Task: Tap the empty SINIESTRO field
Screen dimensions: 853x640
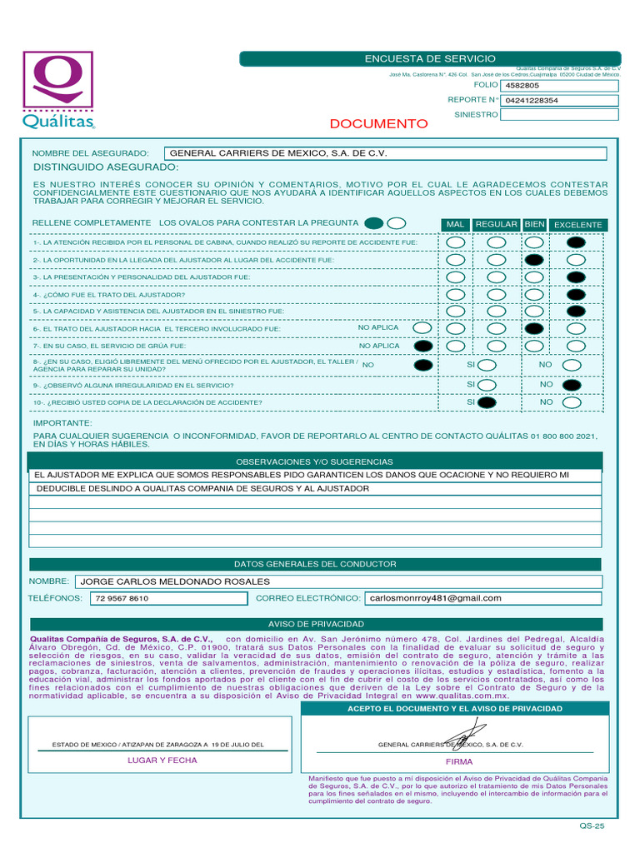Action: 559,115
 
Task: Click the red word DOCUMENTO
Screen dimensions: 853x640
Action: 378,124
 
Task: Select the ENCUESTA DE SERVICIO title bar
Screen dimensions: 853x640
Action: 429,58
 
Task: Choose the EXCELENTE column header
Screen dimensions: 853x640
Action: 577,225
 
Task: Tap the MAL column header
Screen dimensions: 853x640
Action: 455,225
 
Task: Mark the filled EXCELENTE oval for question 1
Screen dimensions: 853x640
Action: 575,243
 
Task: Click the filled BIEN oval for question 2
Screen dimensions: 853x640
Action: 534,260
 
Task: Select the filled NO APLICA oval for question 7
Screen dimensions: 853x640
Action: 423,346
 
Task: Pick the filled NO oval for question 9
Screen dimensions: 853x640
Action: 572,385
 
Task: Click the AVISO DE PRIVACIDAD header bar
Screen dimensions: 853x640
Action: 316,624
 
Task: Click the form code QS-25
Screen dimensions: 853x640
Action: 592,826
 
